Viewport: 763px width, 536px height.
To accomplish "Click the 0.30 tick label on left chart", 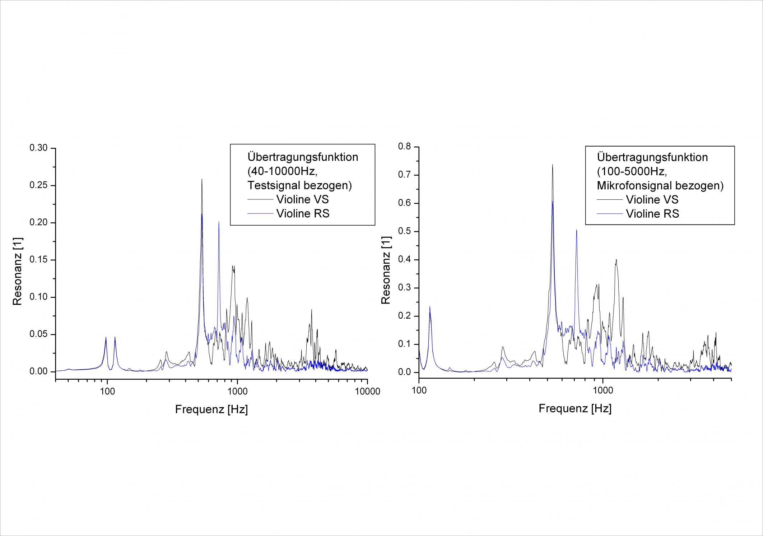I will point(38,148).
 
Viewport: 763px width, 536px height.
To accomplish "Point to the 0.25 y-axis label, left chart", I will point(38,185).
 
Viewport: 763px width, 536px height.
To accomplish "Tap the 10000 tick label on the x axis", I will point(367,392).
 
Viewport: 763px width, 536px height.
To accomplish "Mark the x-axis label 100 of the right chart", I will point(419,391).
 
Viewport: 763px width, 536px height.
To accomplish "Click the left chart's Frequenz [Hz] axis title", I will point(211,409).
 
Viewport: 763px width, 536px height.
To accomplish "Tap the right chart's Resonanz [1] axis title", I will point(386,271).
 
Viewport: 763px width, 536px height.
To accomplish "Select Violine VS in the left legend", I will point(302,199).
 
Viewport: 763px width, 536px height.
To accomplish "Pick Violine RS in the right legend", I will point(652,214).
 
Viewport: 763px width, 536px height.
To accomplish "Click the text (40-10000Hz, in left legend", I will point(282,171).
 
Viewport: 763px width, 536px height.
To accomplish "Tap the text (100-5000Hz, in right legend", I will point(632,171).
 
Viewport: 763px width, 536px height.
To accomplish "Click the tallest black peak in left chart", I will point(202,180).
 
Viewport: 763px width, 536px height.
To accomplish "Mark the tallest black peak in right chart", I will point(552,165).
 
